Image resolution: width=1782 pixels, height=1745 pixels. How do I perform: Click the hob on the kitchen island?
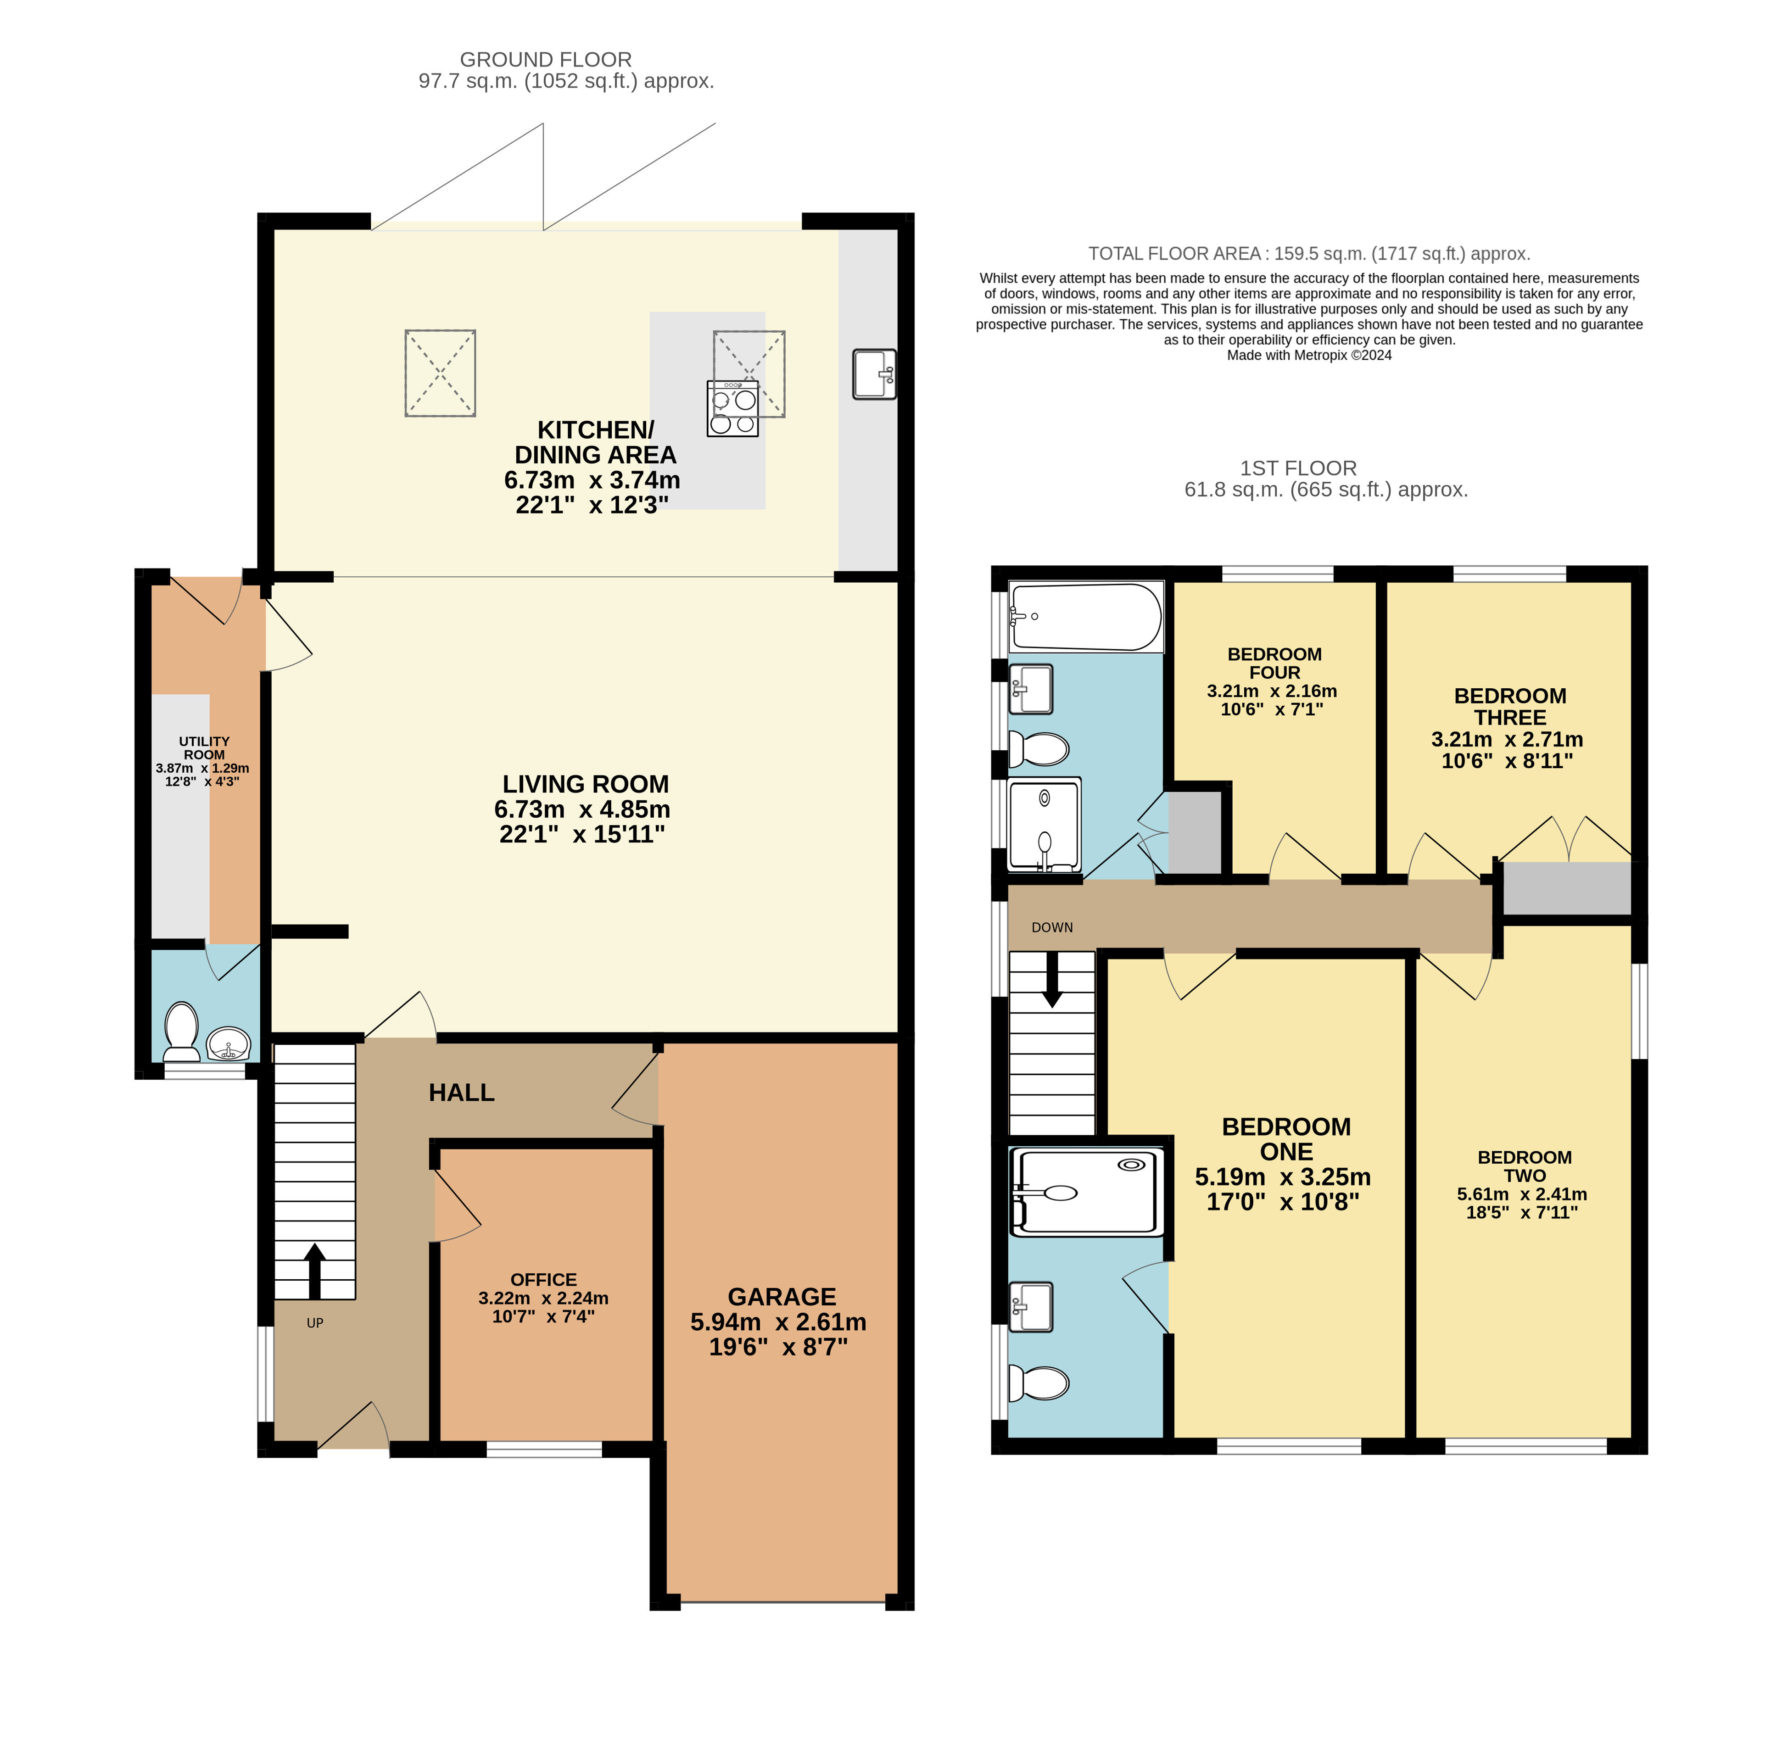[732, 408]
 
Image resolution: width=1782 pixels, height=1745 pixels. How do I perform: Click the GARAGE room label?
[782, 1297]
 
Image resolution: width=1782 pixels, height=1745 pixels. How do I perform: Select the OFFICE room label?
[543, 1279]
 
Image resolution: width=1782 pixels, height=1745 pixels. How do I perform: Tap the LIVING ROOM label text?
[586, 785]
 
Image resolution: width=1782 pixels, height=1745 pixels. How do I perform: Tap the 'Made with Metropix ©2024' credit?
[1309, 356]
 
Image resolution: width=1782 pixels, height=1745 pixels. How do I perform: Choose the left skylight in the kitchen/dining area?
[440, 373]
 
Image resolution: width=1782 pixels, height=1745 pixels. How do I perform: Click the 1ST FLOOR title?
[1298, 468]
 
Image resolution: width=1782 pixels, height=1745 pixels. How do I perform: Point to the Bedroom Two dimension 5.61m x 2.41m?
[1522, 1194]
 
